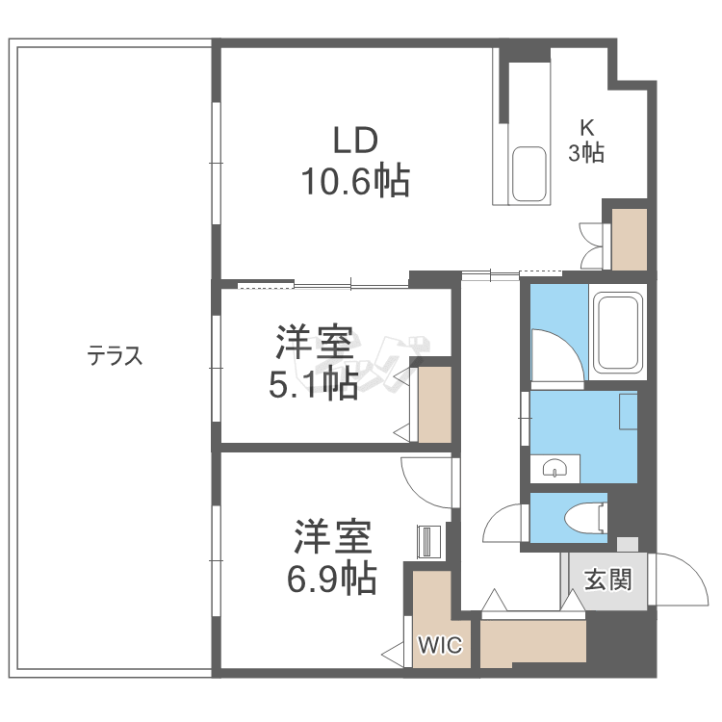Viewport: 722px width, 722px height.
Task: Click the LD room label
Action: tap(355, 141)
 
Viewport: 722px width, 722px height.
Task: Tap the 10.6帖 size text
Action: tap(355, 180)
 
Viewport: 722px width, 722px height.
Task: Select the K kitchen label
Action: tap(586, 126)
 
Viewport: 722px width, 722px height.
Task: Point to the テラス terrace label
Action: tap(116, 357)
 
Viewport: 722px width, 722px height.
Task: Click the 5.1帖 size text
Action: tap(313, 384)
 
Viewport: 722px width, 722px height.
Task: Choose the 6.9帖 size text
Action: tap(330, 578)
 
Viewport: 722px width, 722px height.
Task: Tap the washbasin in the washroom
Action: tap(555, 469)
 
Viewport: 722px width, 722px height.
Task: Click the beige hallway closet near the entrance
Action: tap(533, 643)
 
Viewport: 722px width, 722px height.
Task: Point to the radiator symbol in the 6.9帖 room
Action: tap(427, 541)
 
